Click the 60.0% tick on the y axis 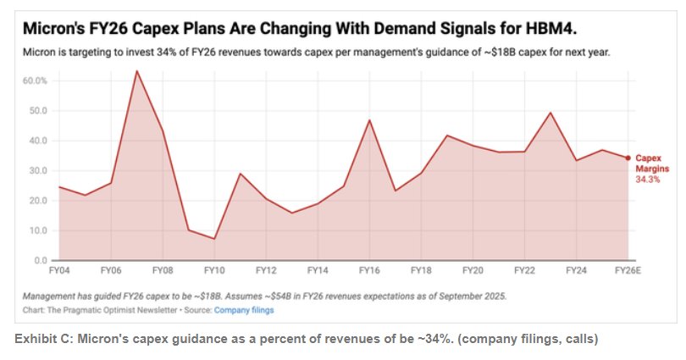click(36, 80)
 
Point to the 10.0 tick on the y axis click(38, 230)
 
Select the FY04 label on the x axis click(59, 270)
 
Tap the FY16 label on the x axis click(369, 270)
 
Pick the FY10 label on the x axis click(214, 270)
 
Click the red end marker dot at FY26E click(628, 158)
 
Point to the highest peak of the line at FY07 click(136, 71)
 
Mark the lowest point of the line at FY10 click(214, 239)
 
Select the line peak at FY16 click(369, 120)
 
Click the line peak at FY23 click(550, 113)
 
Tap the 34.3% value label click(648, 179)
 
